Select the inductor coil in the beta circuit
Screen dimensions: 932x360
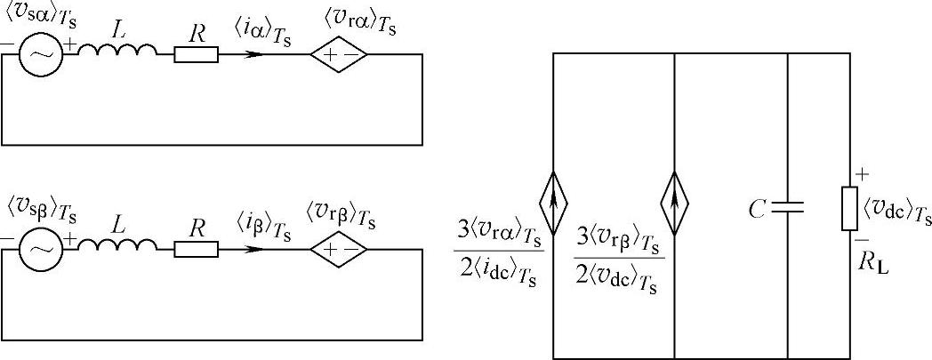coord(116,249)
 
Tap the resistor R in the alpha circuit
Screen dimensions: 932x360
coord(196,55)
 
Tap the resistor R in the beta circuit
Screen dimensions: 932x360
coord(196,249)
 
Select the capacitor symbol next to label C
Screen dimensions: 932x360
coord(788,208)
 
